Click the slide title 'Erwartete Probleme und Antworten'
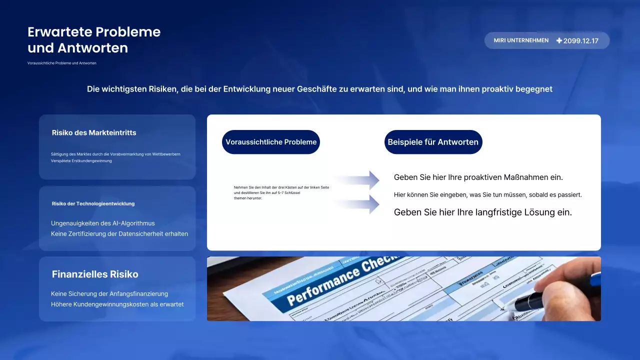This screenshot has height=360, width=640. (x=94, y=40)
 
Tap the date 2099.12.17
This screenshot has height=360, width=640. (x=580, y=41)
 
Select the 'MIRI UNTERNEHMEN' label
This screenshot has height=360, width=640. (x=521, y=40)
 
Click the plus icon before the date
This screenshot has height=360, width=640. (x=559, y=40)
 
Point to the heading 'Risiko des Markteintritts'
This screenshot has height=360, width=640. (x=94, y=133)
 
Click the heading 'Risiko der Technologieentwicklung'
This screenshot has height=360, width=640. (x=93, y=203)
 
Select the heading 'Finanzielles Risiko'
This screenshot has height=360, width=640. (x=95, y=274)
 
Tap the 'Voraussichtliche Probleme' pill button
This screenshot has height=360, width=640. (x=271, y=142)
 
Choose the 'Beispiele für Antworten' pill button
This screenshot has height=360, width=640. (x=433, y=142)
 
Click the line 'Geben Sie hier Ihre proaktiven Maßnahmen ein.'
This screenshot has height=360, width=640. (x=478, y=177)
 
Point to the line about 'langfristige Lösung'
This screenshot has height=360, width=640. (x=482, y=212)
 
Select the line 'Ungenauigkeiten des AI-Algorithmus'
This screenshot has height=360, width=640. (x=103, y=223)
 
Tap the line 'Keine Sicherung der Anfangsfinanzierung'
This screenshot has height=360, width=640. (x=109, y=294)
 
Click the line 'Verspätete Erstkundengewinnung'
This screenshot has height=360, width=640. (x=81, y=161)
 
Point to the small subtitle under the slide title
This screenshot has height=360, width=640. (x=62, y=63)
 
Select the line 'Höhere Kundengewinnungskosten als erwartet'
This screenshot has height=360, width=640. (x=117, y=304)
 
